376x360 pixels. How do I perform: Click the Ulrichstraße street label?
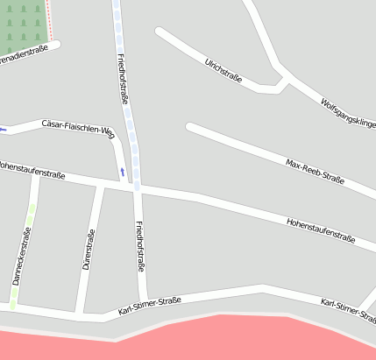pyautogui.click(x=223, y=69)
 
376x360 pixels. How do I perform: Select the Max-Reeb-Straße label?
pyautogui.click(x=315, y=172)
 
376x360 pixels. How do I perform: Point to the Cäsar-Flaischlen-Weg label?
pyautogui.click(x=78, y=128)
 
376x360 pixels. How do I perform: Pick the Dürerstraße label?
pyautogui.click(x=88, y=249)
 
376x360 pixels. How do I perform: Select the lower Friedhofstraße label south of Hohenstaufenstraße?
pyautogui.click(x=139, y=247)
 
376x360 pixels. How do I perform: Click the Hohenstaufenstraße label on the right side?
pyautogui.click(x=321, y=230)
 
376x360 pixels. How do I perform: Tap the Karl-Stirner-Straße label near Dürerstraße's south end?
pyautogui.click(x=149, y=306)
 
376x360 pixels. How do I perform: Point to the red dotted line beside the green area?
pyautogui.click(x=49, y=19)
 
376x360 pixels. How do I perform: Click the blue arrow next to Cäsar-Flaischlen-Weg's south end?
pyautogui.click(x=122, y=170)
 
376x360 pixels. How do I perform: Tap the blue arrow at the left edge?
pyautogui.click(x=4, y=131)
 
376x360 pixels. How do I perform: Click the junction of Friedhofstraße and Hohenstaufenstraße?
pyautogui.click(x=138, y=187)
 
